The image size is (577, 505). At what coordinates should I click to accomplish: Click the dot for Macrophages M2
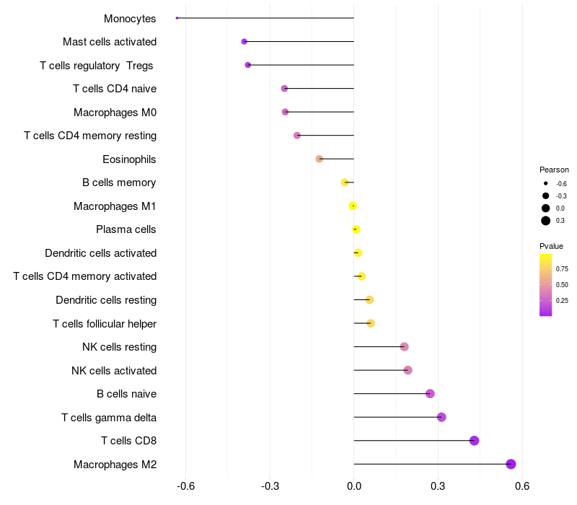coord(511,464)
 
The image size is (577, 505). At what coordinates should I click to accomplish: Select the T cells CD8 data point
coord(474,441)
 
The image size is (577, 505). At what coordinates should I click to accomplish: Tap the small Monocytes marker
coord(177,18)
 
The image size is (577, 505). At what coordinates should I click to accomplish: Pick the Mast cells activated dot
coord(245,42)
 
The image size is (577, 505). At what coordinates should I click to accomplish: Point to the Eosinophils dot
coord(320,159)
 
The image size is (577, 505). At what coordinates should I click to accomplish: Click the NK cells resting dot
coord(405,347)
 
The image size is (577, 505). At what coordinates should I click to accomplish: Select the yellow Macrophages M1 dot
coord(353,206)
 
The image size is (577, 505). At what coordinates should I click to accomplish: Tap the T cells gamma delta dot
coord(441,417)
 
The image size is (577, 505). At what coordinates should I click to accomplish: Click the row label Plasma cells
coord(126,229)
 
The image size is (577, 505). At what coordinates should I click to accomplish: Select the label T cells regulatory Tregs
coord(97,65)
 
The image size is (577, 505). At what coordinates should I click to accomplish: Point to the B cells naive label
coord(126,394)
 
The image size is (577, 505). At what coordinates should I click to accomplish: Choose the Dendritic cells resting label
coord(106,299)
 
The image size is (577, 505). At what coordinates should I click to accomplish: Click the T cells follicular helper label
coord(105,323)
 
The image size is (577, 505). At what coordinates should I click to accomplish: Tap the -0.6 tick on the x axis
coord(186,486)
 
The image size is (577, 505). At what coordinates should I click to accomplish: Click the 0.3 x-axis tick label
coord(438,486)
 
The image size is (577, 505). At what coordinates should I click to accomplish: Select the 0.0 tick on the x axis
coord(354,486)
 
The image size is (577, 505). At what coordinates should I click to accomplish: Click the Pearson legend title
coord(554,170)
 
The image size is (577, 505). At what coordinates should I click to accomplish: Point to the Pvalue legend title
coord(552,246)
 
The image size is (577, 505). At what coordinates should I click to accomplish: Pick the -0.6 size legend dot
coord(546,183)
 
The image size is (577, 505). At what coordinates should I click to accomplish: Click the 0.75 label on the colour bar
coord(562,268)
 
